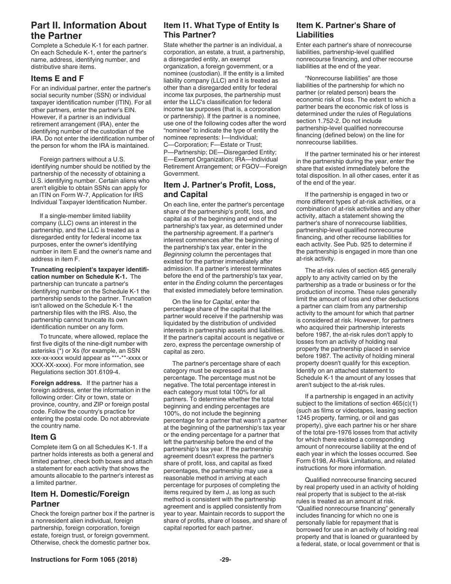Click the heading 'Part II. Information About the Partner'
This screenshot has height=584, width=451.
point(88,30)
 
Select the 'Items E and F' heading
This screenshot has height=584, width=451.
point(57,79)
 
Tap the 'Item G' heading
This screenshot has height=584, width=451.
point(44,437)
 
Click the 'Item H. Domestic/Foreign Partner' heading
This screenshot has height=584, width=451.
point(80,499)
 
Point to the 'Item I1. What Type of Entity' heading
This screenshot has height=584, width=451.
point(221,30)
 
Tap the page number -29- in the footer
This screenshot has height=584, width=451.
point(225,560)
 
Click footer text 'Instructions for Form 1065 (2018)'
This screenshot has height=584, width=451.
point(84,560)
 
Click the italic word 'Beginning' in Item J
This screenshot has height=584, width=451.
point(177,254)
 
